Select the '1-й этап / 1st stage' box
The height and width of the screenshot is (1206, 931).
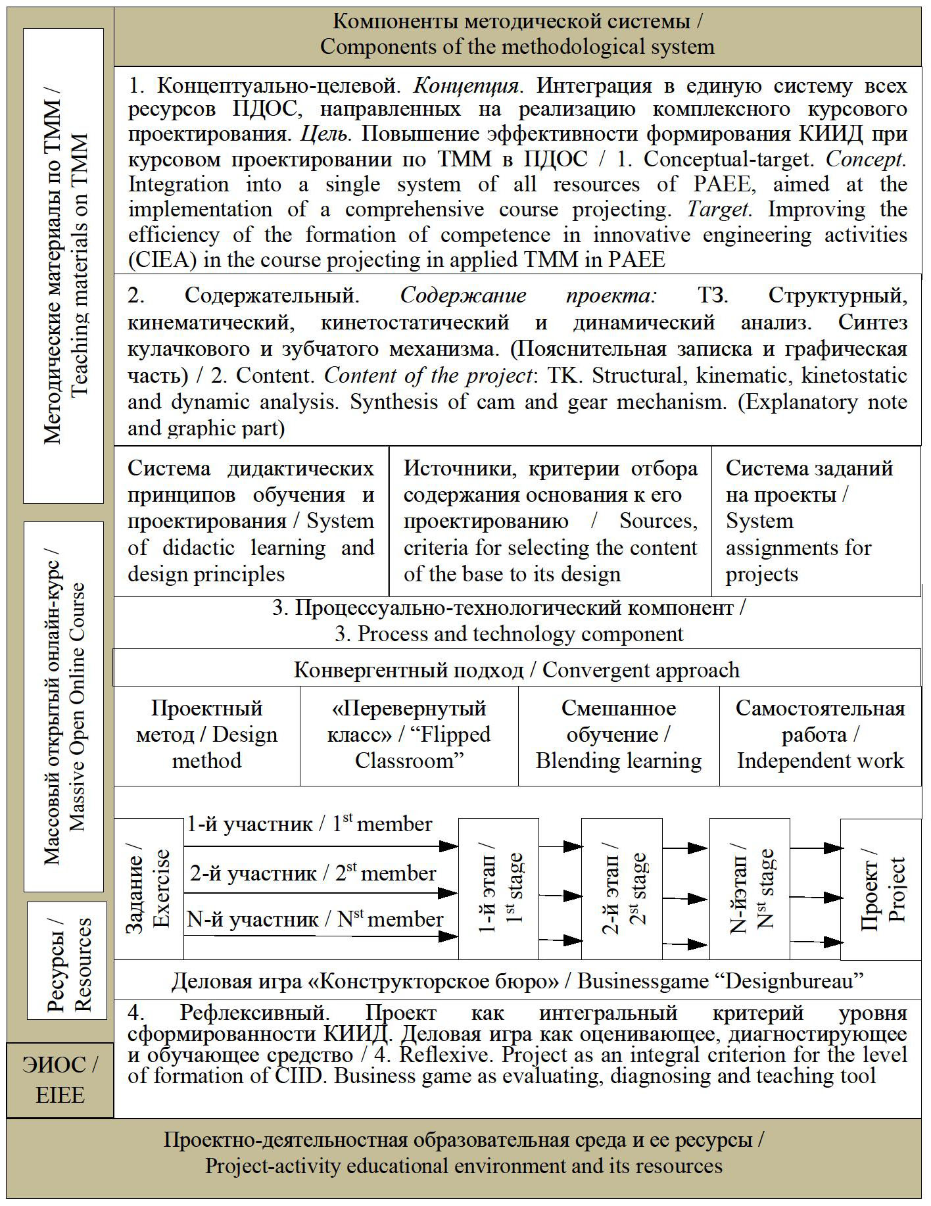pos(498,888)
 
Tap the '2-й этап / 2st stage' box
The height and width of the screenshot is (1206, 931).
pos(621,888)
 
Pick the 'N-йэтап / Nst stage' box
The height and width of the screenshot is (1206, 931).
pos(750,888)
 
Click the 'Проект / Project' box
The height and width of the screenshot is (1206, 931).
pos(881,888)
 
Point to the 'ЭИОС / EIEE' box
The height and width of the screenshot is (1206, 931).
pos(60,1080)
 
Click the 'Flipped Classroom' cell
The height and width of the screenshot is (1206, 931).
pos(409,735)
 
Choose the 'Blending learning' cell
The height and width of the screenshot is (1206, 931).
pos(619,735)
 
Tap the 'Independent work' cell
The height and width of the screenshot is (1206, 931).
pos(820,735)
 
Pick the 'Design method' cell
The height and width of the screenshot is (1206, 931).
pos(206,735)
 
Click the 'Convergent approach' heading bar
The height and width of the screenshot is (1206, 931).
pos(517,669)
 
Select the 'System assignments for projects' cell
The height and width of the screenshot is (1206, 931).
pos(815,521)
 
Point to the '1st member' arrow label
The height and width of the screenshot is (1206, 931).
pos(309,824)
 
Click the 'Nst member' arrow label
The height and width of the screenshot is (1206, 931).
pos(315,919)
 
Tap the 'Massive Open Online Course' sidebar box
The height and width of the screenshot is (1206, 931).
pos(64,706)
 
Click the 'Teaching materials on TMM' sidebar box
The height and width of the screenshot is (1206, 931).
pos(64,266)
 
